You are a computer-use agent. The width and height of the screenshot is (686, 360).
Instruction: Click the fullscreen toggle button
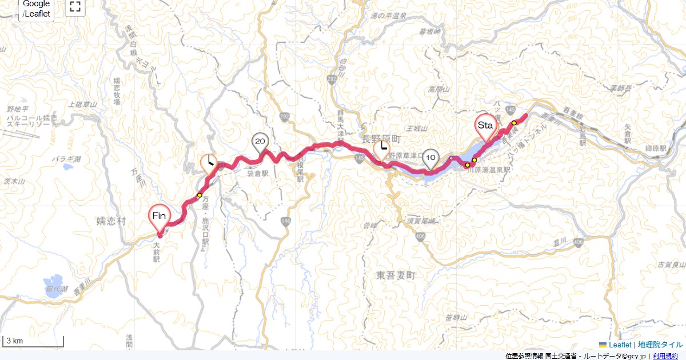(75, 7)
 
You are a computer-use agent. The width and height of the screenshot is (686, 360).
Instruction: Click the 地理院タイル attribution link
(660, 345)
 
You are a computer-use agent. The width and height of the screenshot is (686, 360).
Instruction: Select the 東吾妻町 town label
(395, 275)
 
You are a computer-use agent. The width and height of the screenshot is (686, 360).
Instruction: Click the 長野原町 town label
(382, 139)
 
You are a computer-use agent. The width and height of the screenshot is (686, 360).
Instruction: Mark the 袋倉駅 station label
(257, 171)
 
